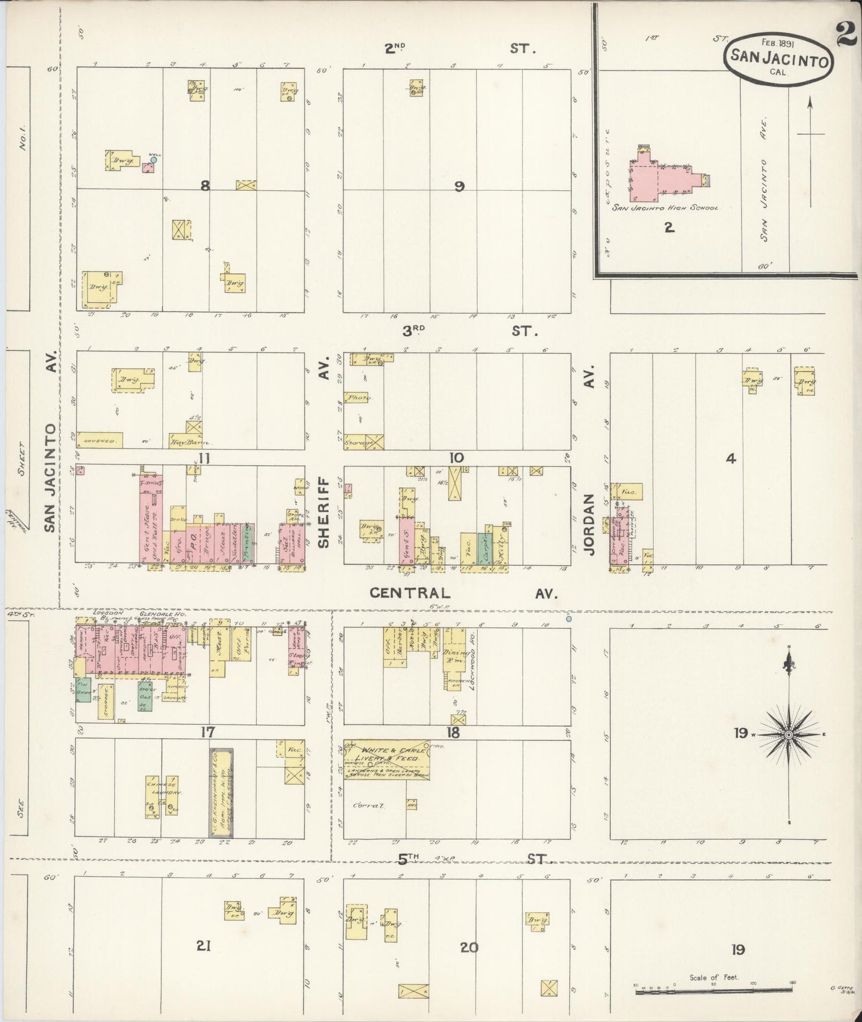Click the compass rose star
click(x=789, y=735)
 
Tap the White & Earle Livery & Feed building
click(x=388, y=759)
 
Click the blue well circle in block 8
click(x=153, y=159)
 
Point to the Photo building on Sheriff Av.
click(x=360, y=397)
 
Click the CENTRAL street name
click(x=408, y=593)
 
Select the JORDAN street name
click(x=590, y=524)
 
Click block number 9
click(x=459, y=186)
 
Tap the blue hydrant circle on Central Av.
click(x=569, y=619)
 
